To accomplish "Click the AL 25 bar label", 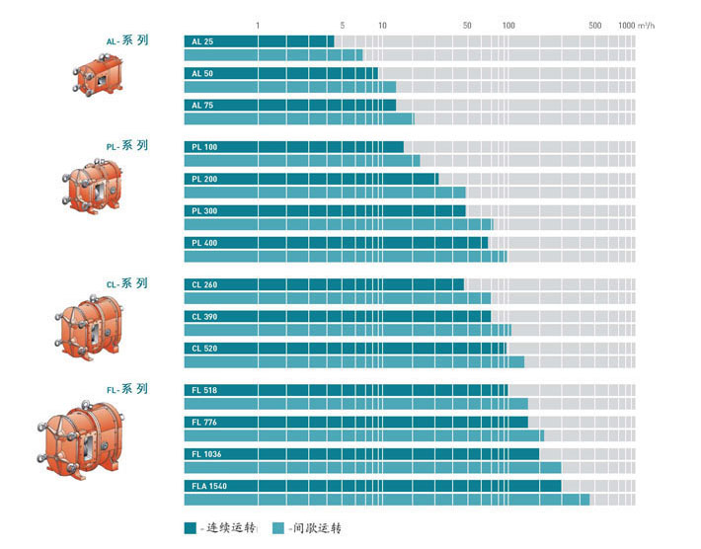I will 201,41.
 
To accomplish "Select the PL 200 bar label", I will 204,179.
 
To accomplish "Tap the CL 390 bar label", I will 204,316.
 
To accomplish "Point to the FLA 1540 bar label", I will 207,486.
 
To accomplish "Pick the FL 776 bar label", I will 204,423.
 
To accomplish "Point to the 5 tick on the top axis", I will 343,25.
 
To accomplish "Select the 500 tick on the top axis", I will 594,25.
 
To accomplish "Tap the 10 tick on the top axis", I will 382,25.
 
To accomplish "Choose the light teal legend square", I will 278,528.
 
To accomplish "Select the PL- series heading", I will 127,146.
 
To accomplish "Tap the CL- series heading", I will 127,283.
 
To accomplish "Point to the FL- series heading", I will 127,390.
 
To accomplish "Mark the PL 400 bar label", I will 204,242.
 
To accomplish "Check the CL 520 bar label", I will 204,348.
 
